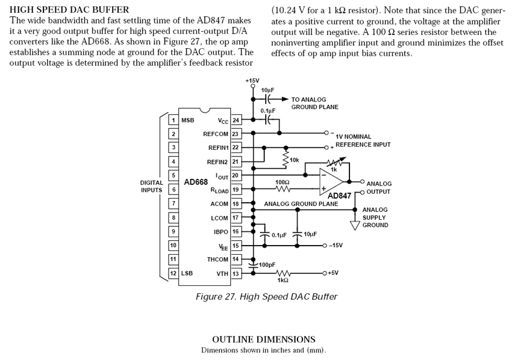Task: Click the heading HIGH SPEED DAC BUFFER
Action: pyautogui.click(x=69, y=10)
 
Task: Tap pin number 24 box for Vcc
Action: pyautogui.click(x=236, y=120)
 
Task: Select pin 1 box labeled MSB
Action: pyautogui.click(x=173, y=120)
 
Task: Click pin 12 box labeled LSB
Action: pyautogui.click(x=173, y=273)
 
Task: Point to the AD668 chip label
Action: pyautogui.click(x=196, y=182)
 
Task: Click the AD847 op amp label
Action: pyautogui.click(x=340, y=196)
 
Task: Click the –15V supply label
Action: pyautogui.click(x=336, y=245)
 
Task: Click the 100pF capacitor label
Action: pyautogui.click(x=267, y=264)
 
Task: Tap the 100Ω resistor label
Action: pyautogui.click(x=282, y=181)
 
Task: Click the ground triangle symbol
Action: pyautogui.click(x=355, y=225)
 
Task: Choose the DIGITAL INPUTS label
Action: pyautogui.click(x=151, y=186)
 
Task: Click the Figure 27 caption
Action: pyautogui.click(x=266, y=297)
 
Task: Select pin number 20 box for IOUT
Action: pyautogui.click(x=236, y=175)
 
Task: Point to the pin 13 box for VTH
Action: pyautogui.click(x=236, y=273)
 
